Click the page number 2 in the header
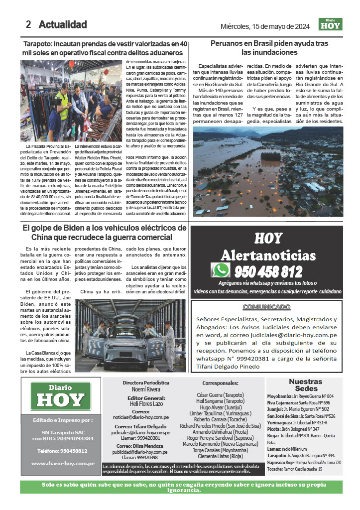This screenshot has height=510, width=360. [x=28, y=24]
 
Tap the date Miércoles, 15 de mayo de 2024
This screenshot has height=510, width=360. [x=265, y=26]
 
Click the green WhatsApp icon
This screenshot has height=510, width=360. [x=221, y=270]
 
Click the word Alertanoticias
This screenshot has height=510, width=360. [x=268, y=255]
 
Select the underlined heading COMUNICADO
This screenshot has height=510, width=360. [x=267, y=307]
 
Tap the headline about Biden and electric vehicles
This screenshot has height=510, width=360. [x=105, y=233]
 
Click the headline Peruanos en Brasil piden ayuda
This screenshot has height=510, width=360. [x=269, y=48]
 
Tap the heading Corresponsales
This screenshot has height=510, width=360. [x=221, y=383]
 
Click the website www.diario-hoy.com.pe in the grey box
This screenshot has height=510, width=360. [x=63, y=463]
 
